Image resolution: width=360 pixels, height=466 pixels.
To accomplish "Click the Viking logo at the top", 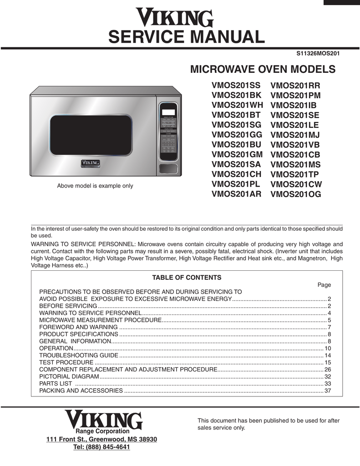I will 175,18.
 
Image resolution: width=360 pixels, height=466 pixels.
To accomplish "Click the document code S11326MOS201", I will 318,53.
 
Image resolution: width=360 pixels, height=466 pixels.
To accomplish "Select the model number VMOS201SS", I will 236,85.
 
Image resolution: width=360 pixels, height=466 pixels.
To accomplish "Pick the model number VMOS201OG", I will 296,194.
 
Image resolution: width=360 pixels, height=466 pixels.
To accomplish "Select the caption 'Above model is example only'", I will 95,186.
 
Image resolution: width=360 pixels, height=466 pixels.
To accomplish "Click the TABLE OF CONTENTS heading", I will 187,278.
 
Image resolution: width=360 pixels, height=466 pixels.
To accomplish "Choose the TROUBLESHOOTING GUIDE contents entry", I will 79,355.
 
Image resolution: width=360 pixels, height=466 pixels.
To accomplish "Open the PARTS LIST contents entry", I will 56,383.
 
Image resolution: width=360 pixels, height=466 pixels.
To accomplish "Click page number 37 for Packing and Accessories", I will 327,390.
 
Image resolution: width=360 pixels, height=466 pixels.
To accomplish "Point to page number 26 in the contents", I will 327,369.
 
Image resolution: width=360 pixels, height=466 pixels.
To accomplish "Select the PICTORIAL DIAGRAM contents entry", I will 69,376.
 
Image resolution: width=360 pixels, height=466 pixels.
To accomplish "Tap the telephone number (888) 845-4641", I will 101,447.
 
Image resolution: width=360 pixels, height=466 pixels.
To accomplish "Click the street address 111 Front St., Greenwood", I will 102,439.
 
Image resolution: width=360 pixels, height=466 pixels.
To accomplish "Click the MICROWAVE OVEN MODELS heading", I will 263,70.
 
